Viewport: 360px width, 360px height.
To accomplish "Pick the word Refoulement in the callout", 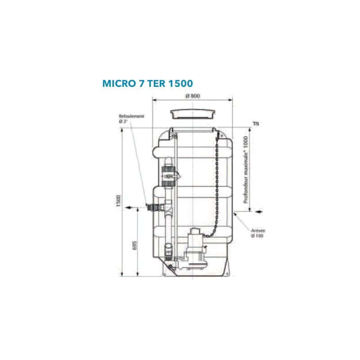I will [131, 116].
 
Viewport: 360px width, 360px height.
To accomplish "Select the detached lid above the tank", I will [192, 113].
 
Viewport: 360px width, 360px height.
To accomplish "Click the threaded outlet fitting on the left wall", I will [153, 207].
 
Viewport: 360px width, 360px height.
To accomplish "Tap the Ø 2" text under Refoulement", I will [124, 121].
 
